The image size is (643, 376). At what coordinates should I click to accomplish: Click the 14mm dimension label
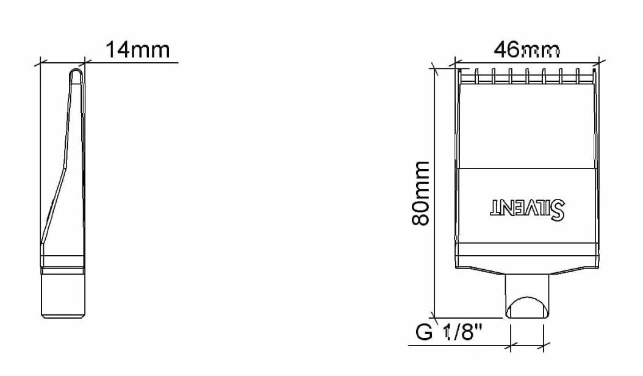point(138,49)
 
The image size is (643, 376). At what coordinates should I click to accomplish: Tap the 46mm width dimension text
point(526,50)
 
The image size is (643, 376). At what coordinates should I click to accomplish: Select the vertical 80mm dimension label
point(420,193)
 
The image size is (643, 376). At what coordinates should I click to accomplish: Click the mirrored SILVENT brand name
point(528,209)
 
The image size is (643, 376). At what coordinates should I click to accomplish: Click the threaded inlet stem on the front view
point(526,296)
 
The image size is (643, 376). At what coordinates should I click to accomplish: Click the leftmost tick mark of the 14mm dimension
point(40,63)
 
